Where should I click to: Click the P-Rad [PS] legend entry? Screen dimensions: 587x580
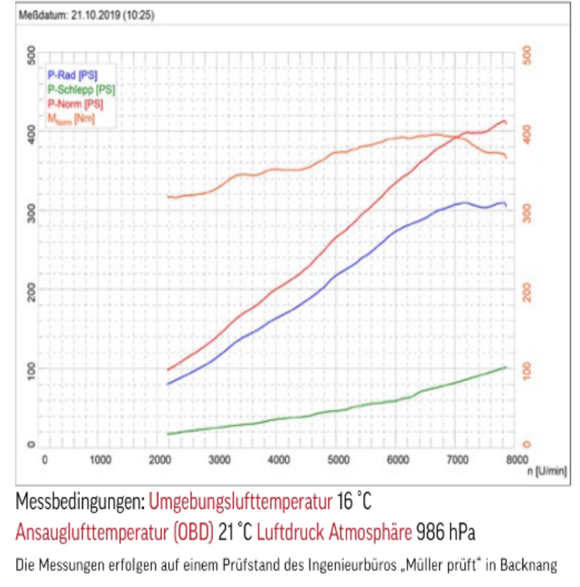[72, 74]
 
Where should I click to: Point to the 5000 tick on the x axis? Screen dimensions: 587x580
[337, 459]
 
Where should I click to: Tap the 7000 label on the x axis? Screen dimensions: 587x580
[457, 459]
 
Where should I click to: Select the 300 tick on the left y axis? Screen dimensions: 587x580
[31, 211]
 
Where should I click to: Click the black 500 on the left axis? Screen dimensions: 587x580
[31, 54]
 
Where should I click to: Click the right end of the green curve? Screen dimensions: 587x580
[505, 366]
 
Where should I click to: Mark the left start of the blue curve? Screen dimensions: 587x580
[168, 384]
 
